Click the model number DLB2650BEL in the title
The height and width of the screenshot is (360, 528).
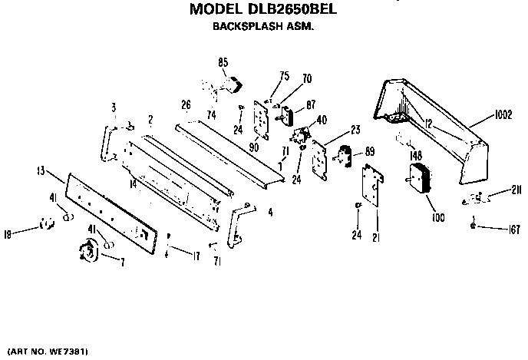(x=292, y=9)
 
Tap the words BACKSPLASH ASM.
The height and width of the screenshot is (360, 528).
(x=263, y=26)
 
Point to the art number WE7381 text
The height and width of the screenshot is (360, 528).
(x=67, y=352)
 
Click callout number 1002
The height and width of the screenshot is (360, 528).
(x=503, y=115)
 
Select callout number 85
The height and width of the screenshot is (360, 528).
(x=223, y=62)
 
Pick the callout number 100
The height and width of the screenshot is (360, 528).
(x=437, y=217)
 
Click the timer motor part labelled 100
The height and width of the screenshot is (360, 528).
(x=419, y=178)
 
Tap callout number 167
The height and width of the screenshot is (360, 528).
(x=514, y=230)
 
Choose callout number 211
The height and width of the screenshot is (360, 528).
(x=516, y=190)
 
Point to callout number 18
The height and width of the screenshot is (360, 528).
(x=8, y=234)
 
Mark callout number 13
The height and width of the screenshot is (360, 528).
(x=41, y=171)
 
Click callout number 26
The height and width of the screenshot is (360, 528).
(x=186, y=104)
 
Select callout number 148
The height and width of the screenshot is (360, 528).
(x=416, y=155)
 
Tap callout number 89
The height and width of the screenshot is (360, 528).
(x=370, y=151)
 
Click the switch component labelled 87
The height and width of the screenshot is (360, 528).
(x=286, y=115)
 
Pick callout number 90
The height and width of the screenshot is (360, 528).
(x=253, y=147)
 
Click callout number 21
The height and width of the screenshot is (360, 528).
(x=376, y=237)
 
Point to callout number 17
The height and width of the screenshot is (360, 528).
(x=196, y=256)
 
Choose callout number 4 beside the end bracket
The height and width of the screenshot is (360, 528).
(x=270, y=213)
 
